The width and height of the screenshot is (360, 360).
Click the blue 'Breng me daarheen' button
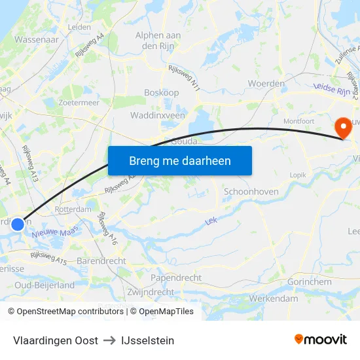[x=180, y=160]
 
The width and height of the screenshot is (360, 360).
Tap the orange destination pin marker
[x=342, y=127]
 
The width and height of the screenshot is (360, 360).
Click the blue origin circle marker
[x=18, y=224]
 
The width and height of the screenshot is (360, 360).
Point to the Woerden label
[x=266, y=84]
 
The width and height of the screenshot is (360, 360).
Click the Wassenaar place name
[x=37, y=39]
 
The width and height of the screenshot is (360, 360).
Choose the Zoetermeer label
[x=79, y=103]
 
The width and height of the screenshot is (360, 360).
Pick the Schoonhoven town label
[x=251, y=192]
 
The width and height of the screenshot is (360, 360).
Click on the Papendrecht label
[x=176, y=278]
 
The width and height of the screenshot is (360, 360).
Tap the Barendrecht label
[x=101, y=261]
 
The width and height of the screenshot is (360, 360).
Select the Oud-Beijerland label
[x=45, y=285]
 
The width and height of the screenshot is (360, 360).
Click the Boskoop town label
[x=161, y=93]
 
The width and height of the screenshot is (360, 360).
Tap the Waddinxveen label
[x=158, y=115]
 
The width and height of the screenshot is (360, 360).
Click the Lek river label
[x=211, y=222]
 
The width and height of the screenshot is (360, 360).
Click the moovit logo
[x=321, y=340]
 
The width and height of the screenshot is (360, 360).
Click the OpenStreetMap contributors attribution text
[x=66, y=312]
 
